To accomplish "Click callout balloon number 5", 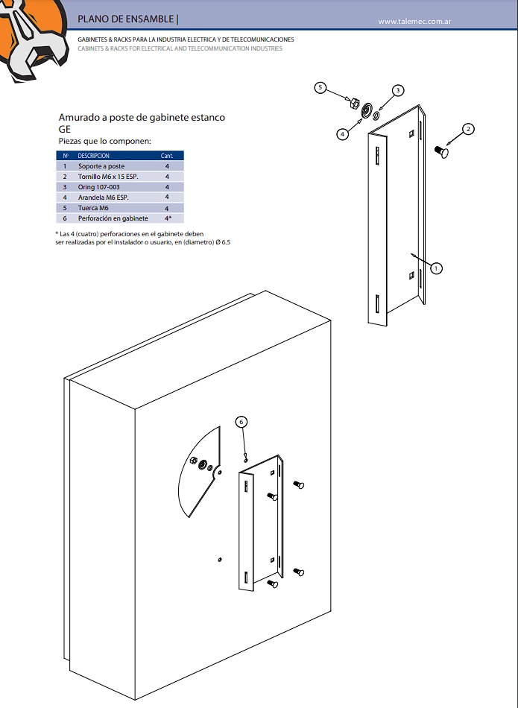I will [320, 88].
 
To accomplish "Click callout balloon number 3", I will [398, 90].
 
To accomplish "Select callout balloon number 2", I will [468, 129].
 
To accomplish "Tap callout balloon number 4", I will [342, 135].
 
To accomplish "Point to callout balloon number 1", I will [437, 268].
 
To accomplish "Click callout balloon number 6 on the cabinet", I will [241, 422].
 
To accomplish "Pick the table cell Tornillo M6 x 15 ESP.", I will [108, 177].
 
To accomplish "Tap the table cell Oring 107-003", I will [99, 187].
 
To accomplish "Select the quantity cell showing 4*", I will [168, 218].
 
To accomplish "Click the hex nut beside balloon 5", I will [356, 103].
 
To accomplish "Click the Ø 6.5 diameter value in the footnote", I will [221, 243].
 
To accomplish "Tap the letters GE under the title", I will [65, 128].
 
